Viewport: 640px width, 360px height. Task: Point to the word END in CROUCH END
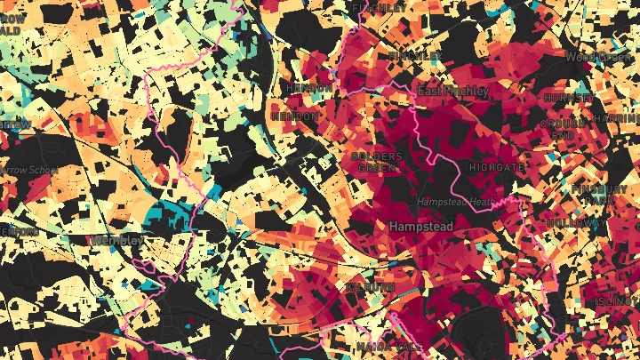tap(562, 134)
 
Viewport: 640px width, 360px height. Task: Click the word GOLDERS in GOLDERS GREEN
tap(377, 156)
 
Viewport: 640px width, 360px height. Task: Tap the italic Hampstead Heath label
tap(454, 202)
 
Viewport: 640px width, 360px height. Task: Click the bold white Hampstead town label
tap(420, 228)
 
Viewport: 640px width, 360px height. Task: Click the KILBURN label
tap(371, 287)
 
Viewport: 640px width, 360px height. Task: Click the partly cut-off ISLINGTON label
tap(620, 303)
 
